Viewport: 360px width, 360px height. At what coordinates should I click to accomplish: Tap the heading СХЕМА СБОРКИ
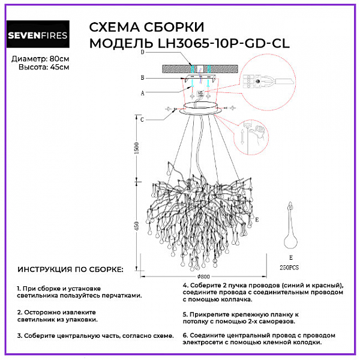[146, 28]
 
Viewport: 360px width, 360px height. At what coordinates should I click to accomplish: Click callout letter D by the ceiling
[142, 53]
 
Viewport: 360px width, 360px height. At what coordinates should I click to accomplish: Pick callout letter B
[142, 78]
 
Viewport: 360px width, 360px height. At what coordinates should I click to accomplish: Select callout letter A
[142, 93]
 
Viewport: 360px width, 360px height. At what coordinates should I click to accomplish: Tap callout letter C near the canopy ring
[142, 120]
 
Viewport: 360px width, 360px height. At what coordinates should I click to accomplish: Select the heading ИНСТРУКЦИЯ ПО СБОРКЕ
[70, 271]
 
